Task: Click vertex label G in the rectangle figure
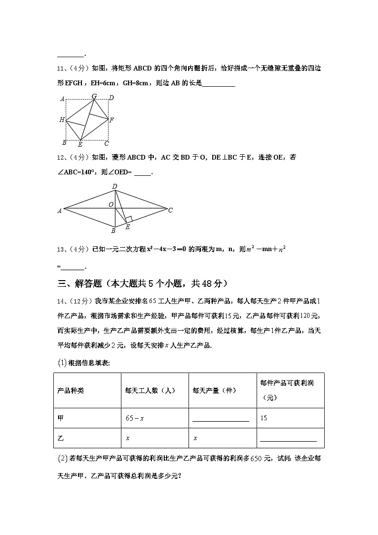pos(94,96)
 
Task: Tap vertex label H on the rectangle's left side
pos(62,120)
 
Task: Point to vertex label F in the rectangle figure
pos(111,120)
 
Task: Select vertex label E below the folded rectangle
pos(80,144)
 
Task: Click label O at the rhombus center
pos(111,204)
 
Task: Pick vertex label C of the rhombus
pos(170,210)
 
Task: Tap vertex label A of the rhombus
pos(60,211)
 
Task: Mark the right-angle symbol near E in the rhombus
pos(129,219)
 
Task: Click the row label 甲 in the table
pos(60,418)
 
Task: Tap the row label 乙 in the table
pos(60,438)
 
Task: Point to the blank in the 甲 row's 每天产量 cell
pos(221,420)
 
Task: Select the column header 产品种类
pos(70,390)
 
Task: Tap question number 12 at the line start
pos(60,157)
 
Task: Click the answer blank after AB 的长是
pos(219,84)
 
